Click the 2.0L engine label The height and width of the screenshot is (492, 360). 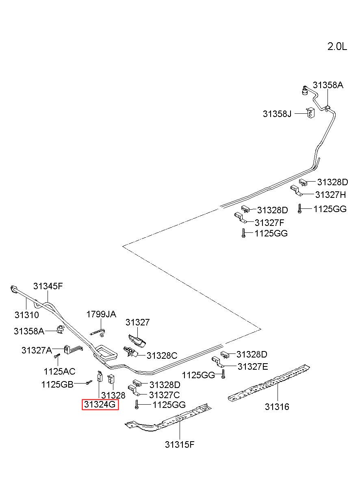tap(337, 47)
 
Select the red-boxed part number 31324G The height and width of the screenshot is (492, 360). tap(100, 404)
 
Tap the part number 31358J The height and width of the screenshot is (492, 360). tap(277, 114)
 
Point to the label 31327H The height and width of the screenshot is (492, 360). tap(330, 195)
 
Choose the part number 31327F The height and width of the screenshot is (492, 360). tap(269, 223)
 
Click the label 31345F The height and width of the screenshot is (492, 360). tap(48, 286)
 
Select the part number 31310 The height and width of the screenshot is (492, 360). tap(26, 315)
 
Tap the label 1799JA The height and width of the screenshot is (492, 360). tap(101, 314)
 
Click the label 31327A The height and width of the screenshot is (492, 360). tap(37, 350)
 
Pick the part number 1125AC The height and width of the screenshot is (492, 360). tap(59, 371)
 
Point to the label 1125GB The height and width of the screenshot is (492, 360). tap(57, 384)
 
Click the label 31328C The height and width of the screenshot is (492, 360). tap(162, 355)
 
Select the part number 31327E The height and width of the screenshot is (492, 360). tap(253, 366)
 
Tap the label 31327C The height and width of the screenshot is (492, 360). tap(164, 395)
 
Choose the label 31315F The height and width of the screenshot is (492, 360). tap(180, 444)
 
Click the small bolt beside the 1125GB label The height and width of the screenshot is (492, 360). tap(89, 382)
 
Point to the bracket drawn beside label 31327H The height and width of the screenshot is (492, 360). tap(296, 191)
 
